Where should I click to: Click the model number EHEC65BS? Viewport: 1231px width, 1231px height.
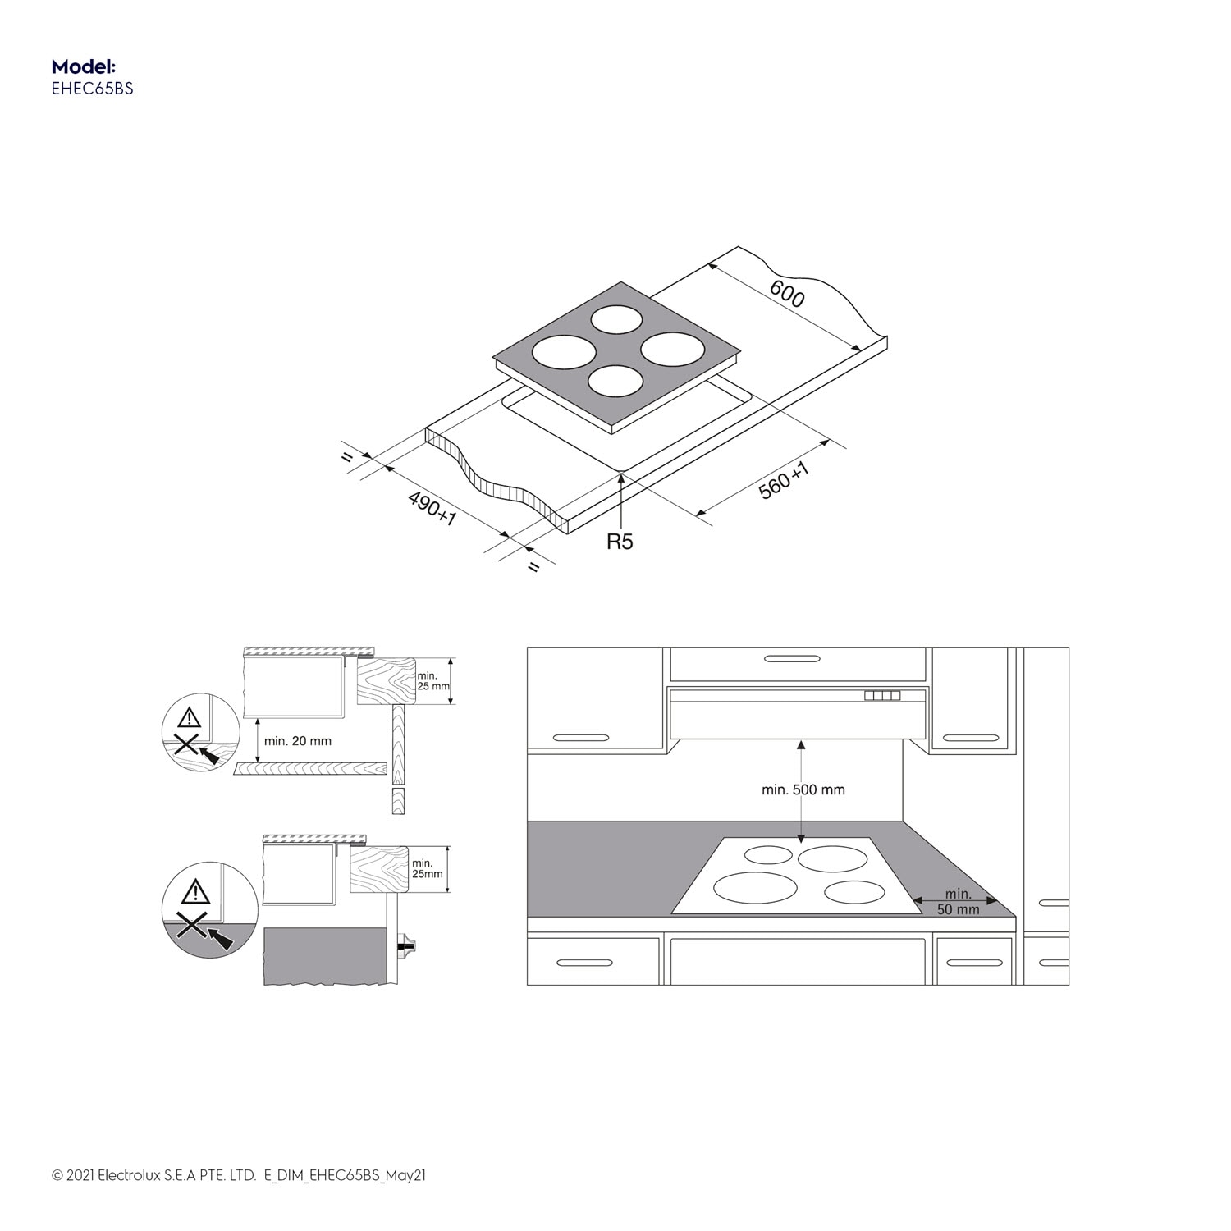point(92,89)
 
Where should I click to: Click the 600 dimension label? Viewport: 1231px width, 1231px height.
point(787,294)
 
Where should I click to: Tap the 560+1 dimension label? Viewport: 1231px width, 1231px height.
point(784,480)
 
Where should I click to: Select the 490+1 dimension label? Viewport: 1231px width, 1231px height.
point(432,509)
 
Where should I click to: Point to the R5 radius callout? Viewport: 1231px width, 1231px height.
point(620,542)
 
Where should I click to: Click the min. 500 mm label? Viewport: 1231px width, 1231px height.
point(803,789)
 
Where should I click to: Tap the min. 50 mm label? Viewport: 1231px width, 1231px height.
point(958,901)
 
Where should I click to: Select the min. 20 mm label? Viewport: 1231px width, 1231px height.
point(297,741)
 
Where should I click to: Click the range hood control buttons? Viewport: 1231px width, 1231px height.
point(882,696)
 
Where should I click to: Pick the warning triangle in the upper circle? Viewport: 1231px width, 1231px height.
point(189,717)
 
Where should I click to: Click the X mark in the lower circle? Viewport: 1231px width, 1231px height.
point(190,926)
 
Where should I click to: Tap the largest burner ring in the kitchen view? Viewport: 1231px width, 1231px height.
point(756,888)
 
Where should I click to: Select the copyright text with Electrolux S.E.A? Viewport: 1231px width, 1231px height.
point(238,1175)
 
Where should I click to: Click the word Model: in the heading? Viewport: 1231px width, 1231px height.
point(83,66)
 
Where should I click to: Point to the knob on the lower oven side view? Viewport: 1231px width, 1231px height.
point(407,946)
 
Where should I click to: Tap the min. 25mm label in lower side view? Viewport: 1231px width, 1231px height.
point(427,868)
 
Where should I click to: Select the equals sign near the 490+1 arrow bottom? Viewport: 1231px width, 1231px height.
point(534,567)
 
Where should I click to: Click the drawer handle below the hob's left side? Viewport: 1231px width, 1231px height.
point(583,962)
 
